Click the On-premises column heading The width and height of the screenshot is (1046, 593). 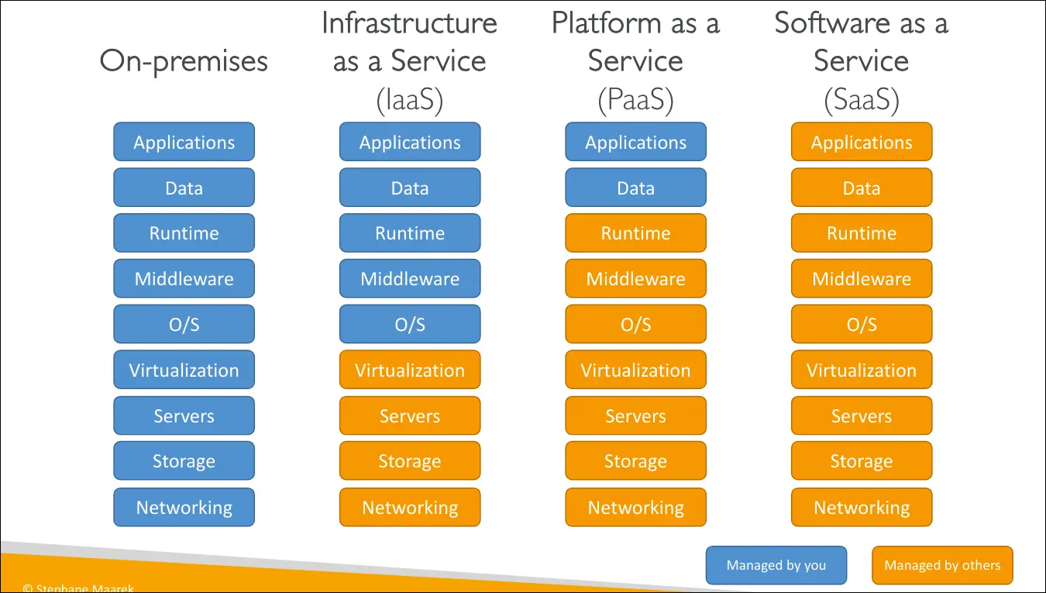[x=184, y=61]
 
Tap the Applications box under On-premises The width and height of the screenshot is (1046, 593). [x=184, y=143]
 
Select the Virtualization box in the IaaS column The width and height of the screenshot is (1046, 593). [x=410, y=371]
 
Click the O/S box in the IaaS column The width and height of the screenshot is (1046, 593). [x=410, y=325]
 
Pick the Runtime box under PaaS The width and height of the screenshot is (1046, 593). [x=635, y=233]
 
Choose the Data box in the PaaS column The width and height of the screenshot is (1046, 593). [x=635, y=188]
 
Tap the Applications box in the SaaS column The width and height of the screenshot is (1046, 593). [x=862, y=143]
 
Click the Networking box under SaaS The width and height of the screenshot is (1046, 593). [x=862, y=508]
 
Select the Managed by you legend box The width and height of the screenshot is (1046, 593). [x=776, y=565]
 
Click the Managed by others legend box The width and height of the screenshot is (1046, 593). [x=942, y=565]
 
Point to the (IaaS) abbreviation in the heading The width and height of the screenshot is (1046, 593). [x=409, y=101]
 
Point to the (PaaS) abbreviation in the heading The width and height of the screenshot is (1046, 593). [x=635, y=101]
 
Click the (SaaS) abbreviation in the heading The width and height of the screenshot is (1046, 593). [x=862, y=101]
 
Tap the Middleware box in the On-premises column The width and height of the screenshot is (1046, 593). [x=184, y=279]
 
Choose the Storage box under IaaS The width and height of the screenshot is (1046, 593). [x=410, y=462]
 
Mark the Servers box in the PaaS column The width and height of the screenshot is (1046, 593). [x=635, y=416]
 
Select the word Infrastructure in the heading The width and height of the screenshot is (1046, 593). [x=409, y=23]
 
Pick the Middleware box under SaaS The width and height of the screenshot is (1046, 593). [x=862, y=279]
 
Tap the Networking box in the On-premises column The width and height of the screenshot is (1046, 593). [x=184, y=508]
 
